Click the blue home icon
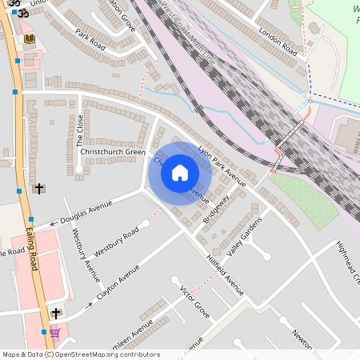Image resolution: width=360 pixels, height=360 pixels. click(x=180, y=172)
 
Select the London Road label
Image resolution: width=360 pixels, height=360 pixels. click(x=278, y=42)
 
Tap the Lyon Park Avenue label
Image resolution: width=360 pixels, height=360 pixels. click(x=222, y=163)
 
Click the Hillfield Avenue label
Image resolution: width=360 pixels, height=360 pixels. click(x=225, y=275)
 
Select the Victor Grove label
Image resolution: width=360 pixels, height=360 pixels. click(x=195, y=302)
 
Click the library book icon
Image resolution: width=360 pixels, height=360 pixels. click(x=30, y=38)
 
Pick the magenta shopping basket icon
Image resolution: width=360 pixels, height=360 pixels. click(x=54, y=333)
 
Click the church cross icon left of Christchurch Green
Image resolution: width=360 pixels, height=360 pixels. click(x=38, y=189)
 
